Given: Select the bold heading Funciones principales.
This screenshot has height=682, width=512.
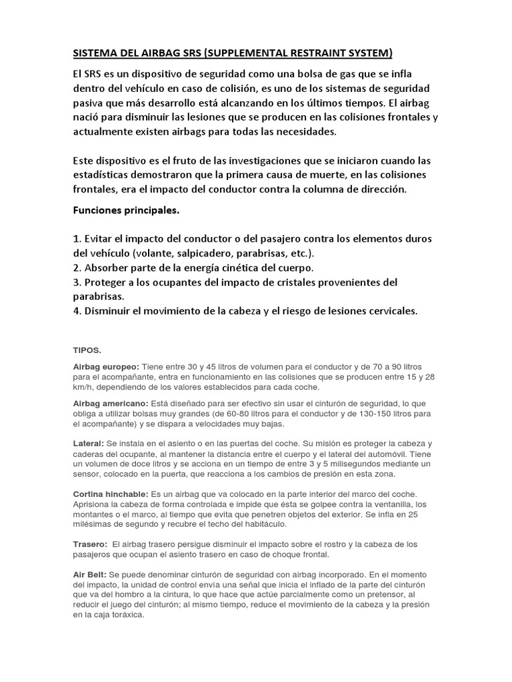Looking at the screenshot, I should point(127,210).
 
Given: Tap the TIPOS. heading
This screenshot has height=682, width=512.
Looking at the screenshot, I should point(87,349).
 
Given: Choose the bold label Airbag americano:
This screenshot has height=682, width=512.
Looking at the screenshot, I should point(111,404).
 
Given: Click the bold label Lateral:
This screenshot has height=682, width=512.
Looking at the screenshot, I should point(88,444).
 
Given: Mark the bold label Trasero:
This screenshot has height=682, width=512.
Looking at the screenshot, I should point(90,544).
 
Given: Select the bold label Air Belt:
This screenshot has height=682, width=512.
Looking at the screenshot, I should point(89,574).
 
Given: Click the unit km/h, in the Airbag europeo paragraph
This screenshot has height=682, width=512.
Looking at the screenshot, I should point(85,387).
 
